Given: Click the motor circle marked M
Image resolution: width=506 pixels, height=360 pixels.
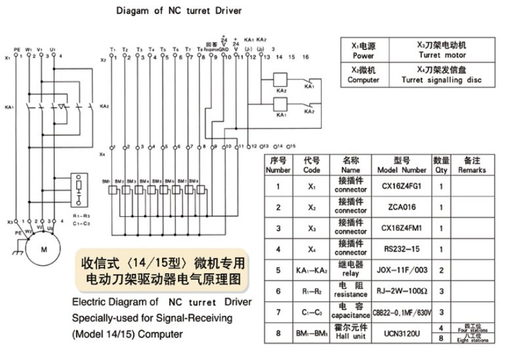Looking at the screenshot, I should (45, 250).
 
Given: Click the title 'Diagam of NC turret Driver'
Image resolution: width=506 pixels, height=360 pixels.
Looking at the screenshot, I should (179, 11).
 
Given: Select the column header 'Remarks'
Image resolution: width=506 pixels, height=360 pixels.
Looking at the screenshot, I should (472, 165).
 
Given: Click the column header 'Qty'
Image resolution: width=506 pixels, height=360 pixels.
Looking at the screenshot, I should (441, 165).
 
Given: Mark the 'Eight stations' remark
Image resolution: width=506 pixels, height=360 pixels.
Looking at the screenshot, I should (473, 340).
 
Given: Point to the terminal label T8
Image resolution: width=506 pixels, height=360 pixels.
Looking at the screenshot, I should (199, 49).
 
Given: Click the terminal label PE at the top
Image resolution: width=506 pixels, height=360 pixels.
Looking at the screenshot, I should (17, 49).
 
